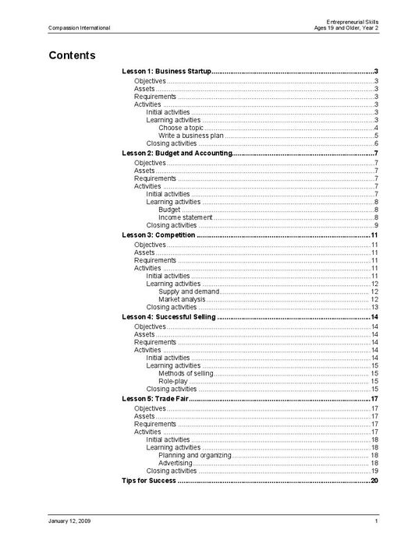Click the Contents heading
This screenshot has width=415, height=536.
tap(72, 55)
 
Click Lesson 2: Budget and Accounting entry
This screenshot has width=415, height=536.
tap(177, 153)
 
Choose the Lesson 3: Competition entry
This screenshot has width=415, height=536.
tap(158, 235)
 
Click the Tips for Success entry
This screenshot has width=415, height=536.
tap(149, 481)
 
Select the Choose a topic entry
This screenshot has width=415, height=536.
tap(180, 128)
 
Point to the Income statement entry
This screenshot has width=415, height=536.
tap(185, 217)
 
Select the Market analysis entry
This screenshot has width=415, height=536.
tap(182, 299)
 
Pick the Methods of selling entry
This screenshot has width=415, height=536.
tap(186, 373)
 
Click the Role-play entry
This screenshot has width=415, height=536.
tap(172, 381)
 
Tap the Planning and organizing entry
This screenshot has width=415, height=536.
tap(194, 455)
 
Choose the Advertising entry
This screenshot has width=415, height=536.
tap(176, 463)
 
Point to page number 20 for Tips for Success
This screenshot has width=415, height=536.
tap(374, 481)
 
